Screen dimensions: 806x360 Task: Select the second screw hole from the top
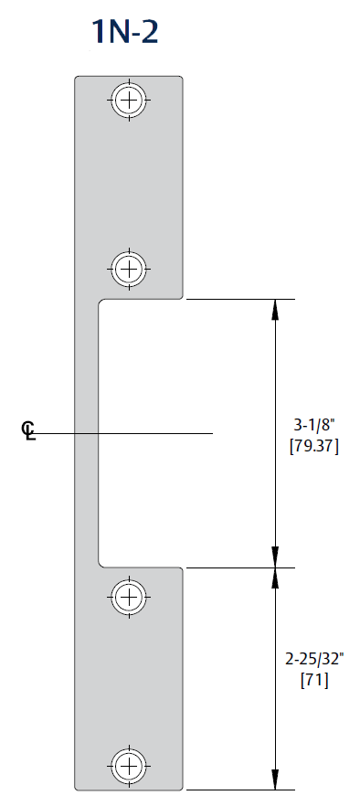point(129,269)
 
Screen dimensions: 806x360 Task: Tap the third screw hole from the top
point(129,598)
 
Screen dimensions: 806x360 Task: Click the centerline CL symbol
point(29,431)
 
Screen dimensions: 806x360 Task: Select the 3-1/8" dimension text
point(313,425)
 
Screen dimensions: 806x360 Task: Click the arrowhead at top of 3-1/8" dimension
point(275,308)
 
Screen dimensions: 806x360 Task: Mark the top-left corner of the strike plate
point(76,78)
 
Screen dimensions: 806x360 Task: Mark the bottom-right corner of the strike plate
point(183,788)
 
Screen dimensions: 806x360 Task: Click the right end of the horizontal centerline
point(212,432)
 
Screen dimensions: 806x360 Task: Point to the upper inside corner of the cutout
point(100,301)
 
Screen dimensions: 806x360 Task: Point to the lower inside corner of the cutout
point(100,565)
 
